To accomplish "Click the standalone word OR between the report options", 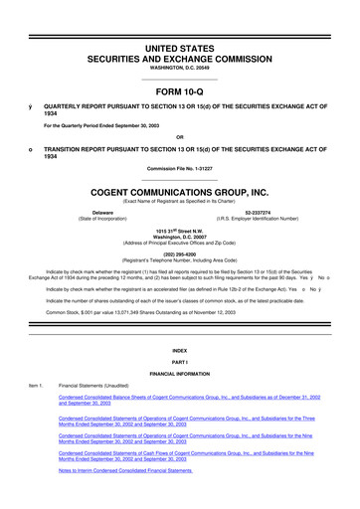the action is click(x=179, y=136).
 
